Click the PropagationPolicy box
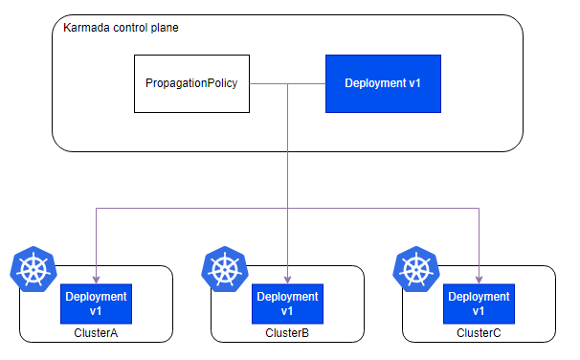click(191, 83)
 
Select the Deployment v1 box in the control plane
click(383, 83)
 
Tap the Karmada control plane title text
click(121, 28)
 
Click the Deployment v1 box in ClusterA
click(96, 304)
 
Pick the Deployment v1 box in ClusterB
click(287, 304)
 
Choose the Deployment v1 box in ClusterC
click(479, 304)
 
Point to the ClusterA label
click(96, 333)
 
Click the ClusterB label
click(287, 333)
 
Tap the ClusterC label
click(479, 333)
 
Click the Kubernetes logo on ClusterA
click(33, 269)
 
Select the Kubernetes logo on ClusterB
click(225, 269)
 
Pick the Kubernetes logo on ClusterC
click(416, 269)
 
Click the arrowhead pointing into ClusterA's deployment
click(96, 280)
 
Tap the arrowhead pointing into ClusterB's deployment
click(287, 280)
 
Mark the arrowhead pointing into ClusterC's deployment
click(479, 280)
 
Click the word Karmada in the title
click(86, 28)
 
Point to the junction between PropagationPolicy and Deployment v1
click(287, 84)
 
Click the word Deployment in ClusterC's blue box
click(479, 297)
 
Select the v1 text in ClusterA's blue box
click(96, 311)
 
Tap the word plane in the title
click(165, 28)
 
